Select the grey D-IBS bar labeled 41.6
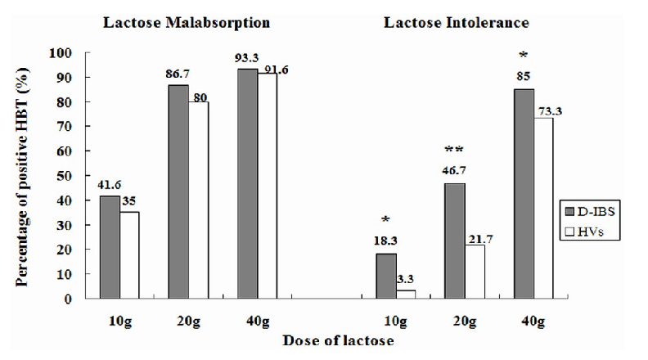pyautogui.click(x=110, y=247)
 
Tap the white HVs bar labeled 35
pyautogui.click(x=130, y=255)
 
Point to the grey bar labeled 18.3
pyautogui.click(x=386, y=276)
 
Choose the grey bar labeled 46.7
pyautogui.click(x=456, y=241)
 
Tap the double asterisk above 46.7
pyautogui.click(x=455, y=150)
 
